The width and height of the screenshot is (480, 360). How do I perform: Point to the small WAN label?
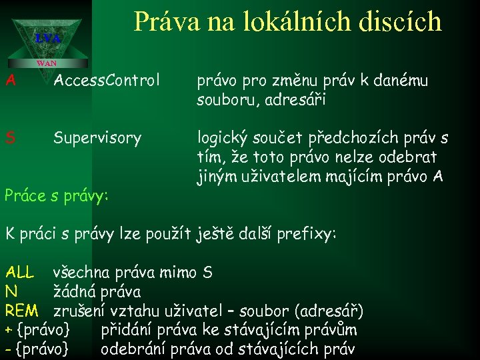[x=47, y=63]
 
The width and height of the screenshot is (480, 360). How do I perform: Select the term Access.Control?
[x=107, y=81]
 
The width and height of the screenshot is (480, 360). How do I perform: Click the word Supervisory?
[x=97, y=138]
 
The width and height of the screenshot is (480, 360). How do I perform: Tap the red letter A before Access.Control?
[x=10, y=81]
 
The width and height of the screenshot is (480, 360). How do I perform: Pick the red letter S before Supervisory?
[x=10, y=138]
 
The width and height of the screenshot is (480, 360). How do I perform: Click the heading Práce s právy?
[x=57, y=196]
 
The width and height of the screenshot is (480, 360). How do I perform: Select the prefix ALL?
[x=19, y=272]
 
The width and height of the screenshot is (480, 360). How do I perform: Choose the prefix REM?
[x=21, y=311]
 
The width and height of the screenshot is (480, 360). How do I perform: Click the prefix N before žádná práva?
[x=10, y=291]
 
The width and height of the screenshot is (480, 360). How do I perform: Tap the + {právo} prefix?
[x=37, y=330]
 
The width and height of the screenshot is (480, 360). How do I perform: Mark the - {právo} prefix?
[x=37, y=349]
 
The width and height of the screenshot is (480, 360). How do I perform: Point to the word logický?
[x=222, y=138]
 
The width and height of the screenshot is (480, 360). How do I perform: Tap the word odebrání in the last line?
[x=133, y=349]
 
